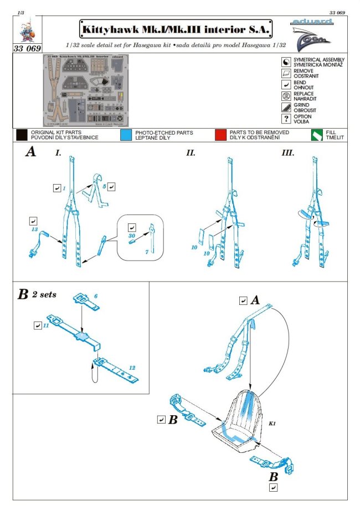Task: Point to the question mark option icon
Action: (x=286, y=119)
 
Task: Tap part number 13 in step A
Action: (x=34, y=229)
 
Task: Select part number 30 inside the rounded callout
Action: (x=131, y=235)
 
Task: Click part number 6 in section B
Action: (x=95, y=297)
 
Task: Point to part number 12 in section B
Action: (x=132, y=368)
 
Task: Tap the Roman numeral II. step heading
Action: (x=191, y=152)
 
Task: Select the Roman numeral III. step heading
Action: (x=288, y=152)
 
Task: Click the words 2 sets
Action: (x=44, y=294)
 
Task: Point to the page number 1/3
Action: (x=21, y=12)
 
